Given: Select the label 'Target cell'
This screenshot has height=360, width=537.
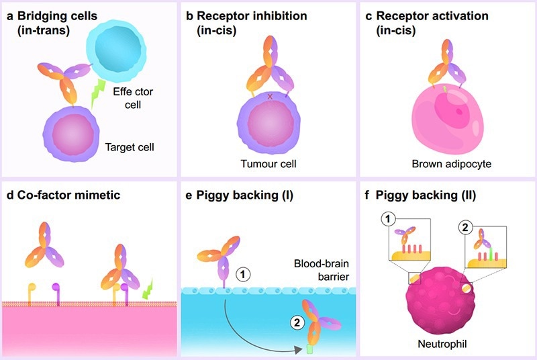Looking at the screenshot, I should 130,146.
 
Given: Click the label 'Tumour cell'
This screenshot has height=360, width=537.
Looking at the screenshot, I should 268,163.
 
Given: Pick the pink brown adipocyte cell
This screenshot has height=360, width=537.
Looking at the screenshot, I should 446,121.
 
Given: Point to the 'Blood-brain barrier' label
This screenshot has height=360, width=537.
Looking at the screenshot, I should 316,270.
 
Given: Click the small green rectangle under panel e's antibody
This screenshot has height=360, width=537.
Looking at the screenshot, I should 310,349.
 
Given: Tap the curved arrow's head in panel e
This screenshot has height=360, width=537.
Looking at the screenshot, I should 300,350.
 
